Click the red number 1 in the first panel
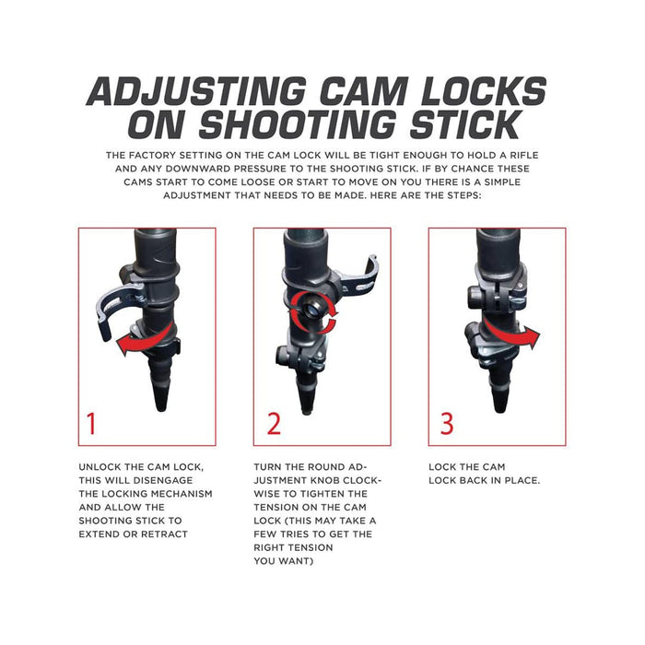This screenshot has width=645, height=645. click(x=92, y=423)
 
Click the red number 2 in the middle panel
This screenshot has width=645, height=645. click(x=274, y=423)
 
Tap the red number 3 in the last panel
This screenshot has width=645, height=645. click(x=447, y=423)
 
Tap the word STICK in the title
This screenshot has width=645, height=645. click(x=464, y=124)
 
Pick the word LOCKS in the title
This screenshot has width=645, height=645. click(x=484, y=91)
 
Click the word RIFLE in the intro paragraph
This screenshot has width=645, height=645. click(x=524, y=155)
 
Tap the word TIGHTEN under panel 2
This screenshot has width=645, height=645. click(x=311, y=494)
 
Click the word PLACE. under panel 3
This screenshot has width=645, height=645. click(x=522, y=480)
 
